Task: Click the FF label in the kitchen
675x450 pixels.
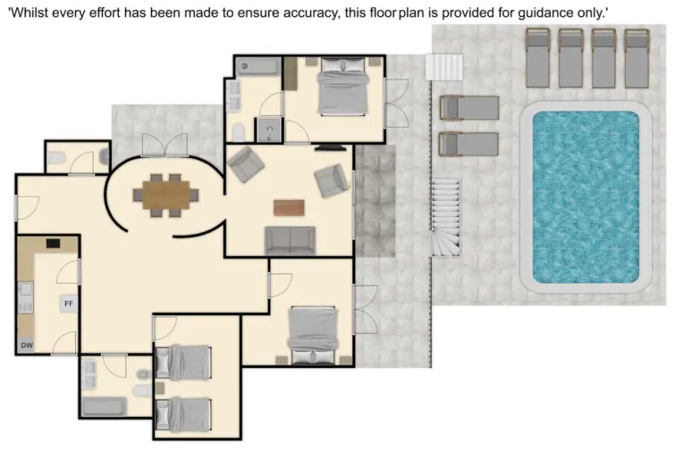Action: (68, 304)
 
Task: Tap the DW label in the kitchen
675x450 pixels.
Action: (26, 346)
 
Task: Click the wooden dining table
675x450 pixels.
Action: (166, 193)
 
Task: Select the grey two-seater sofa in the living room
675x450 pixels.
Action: (290, 239)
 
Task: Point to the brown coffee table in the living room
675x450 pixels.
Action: (289, 206)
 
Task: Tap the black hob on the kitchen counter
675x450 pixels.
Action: (53, 242)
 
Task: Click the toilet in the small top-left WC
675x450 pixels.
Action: (56, 160)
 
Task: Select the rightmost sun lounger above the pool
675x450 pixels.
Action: (637, 58)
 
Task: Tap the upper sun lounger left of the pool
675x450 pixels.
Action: (469, 108)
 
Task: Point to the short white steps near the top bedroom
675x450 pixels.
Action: (444, 68)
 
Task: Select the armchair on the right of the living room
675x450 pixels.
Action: (332, 181)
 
